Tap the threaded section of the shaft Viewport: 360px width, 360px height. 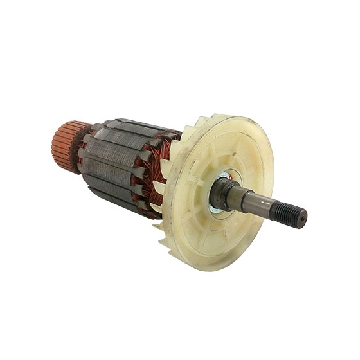click(287, 213)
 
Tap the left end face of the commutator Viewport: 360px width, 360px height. click(55, 147)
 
